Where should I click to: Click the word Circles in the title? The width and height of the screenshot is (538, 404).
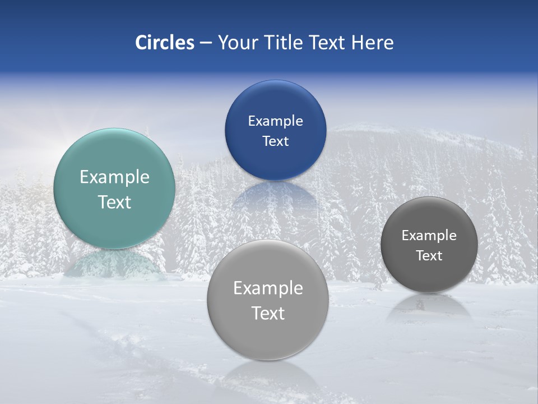(x=164, y=43)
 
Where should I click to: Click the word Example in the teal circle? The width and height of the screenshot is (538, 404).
(x=114, y=177)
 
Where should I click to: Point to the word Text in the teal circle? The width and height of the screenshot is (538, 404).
(x=114, y=202)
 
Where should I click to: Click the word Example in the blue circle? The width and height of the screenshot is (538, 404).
(x=275, y=121)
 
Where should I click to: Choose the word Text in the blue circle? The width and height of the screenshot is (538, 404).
(x=275, y=141)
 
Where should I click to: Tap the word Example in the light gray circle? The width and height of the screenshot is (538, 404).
(x=268, y=288)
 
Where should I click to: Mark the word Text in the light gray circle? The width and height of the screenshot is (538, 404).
(x=268, y=313)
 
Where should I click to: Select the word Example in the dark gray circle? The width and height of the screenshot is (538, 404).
(x=429, y=236)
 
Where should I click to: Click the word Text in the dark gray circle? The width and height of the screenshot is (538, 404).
(x=429, y=256)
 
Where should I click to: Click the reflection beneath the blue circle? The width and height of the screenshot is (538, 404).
(x=275, y=194)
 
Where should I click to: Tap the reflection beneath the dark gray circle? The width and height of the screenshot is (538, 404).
(x=429, y=306)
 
